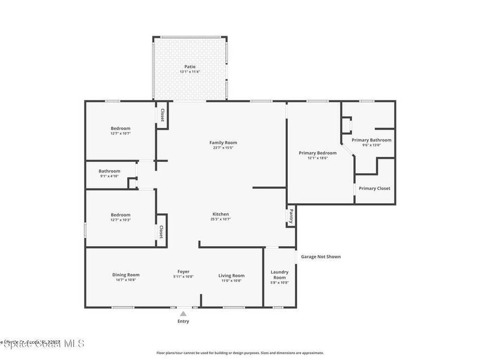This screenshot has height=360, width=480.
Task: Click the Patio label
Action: (x=190, y=67)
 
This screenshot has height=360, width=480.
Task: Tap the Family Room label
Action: (x=223, y=142)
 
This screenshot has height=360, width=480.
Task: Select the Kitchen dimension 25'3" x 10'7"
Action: (x=220, y=219)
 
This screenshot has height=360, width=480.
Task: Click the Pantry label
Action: (x=291, y=216)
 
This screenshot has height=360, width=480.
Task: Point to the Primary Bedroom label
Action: (x=317, y=153)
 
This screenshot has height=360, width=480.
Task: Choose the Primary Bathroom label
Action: (x=371, y=140)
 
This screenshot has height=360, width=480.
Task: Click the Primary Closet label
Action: (x=374, y=188)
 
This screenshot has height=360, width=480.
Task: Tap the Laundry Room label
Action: (x=279, y=275)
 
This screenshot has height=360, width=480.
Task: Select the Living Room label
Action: (x=232, y=276)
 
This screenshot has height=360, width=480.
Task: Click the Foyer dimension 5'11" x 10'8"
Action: (x=183, y=277)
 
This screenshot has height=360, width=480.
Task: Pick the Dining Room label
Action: (x=126, y=275)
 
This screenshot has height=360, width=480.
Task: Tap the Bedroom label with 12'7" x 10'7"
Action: (x=120, y=128)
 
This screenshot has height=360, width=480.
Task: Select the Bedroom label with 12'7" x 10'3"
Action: (x=120, y=215)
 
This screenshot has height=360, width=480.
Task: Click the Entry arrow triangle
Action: (x=183, y=314)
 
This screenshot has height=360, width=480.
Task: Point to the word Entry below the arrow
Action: (x=183, y=322)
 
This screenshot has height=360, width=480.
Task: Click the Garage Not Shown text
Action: (x=321, y=256)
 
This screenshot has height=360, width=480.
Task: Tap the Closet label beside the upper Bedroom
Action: (x=162, y=115)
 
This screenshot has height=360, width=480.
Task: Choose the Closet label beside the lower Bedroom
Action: (x=161, y=232)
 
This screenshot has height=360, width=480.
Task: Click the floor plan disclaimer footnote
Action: (x=240, y=353)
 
